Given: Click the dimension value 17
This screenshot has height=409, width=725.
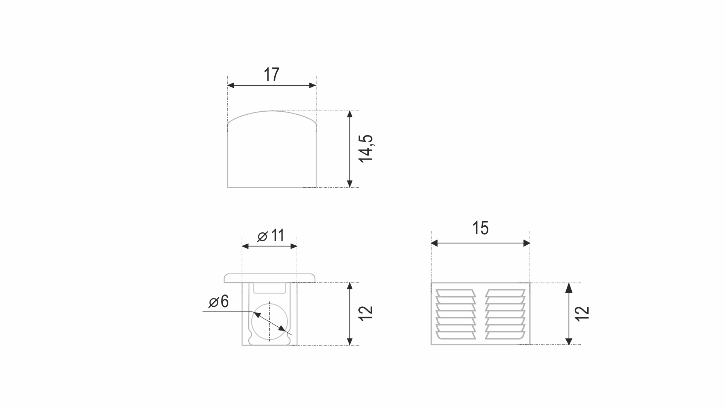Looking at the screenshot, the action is click(x=271, y=75).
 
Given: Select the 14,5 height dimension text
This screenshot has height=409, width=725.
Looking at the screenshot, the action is click(x=366, y=148).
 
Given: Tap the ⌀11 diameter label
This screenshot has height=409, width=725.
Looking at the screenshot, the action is click(x=271, y=236).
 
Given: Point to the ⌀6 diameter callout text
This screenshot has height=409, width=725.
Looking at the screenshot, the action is click(x=219, y=301).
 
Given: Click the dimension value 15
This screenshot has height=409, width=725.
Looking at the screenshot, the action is click(x=480, y=228).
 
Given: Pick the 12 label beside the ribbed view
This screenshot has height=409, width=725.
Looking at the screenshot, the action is click(x=582, y=314).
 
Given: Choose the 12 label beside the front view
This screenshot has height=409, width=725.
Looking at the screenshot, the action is click(x=366, y=313).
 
